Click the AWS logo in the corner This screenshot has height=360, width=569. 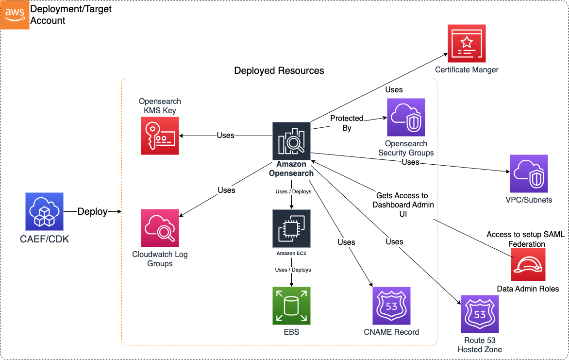(x=15, y=15)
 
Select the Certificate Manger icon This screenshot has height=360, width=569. (x=467, y=44)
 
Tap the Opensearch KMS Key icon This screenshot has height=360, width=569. (x=160, y=136)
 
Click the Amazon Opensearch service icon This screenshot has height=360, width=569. (x=291, y=141)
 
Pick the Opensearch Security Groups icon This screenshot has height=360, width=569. (x=406, y=118)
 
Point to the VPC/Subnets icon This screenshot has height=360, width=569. (x=529, y=174)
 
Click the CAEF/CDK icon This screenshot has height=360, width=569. (x=44, y=211)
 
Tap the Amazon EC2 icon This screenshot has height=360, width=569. (x=291, y=228)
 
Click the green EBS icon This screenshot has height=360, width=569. (x=291, y=306)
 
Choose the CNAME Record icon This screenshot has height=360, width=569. (x=391, y=306)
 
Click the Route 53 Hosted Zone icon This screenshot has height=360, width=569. (x=480, y=314)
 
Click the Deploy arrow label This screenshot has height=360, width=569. (x=92, y=211)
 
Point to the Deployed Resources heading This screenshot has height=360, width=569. (x=279, y=70)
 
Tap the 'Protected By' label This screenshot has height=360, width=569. (x=347, y=123)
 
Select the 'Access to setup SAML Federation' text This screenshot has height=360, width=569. (x=526, y=239)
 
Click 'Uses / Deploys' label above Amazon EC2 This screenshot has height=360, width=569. (x=293, y=191)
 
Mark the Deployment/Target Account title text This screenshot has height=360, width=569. (x=71, y=15)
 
